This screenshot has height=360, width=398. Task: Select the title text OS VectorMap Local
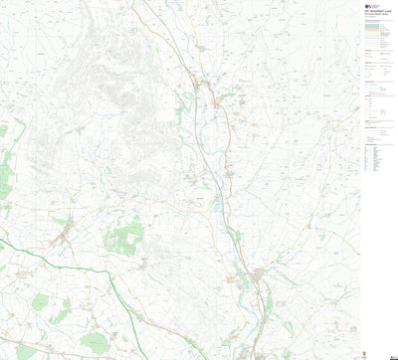coord(375,15)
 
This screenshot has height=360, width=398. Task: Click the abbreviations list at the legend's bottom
coord(373,158)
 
